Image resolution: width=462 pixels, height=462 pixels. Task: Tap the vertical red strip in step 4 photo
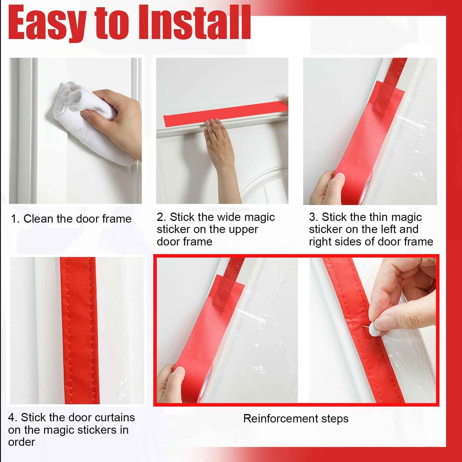pos(79,329)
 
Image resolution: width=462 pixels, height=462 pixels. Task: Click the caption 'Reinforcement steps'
pos(296,419)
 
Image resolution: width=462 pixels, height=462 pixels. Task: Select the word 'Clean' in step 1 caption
pos(39,219)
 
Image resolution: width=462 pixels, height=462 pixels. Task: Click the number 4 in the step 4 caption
pos(12,418)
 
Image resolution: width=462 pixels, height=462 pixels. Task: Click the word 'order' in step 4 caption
pos(21,442)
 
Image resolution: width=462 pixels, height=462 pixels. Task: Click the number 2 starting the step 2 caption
pos(161,217)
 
